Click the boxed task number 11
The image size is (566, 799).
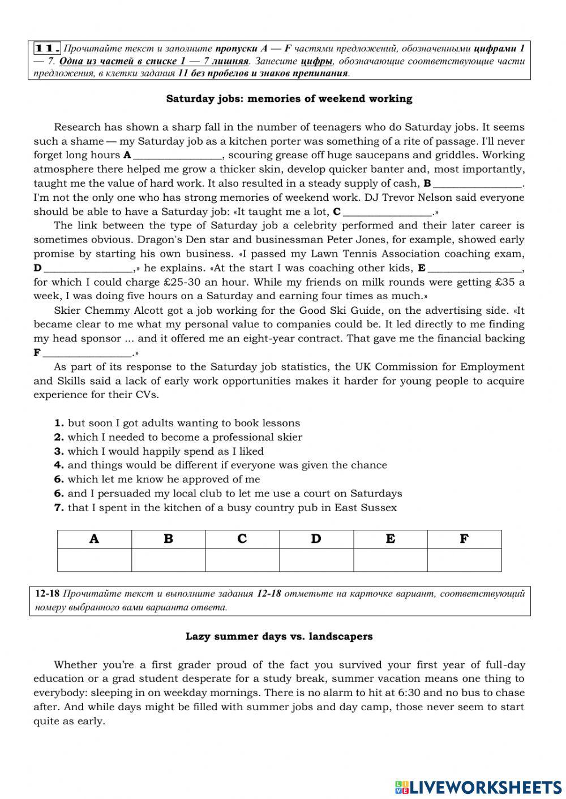tap(47, 47)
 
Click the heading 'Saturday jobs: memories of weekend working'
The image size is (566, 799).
tap(289, 99)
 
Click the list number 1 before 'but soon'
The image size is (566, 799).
tap(59, 423)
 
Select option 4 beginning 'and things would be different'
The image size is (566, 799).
tap(227, 465)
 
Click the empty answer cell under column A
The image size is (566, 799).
tap(95, 560)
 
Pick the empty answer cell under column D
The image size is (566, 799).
tap(316, 560)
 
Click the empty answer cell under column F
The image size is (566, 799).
tap(464, 560)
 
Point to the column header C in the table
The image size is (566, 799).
tap(242, 539)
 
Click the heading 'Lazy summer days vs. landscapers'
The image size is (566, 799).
tap(279, 637)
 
